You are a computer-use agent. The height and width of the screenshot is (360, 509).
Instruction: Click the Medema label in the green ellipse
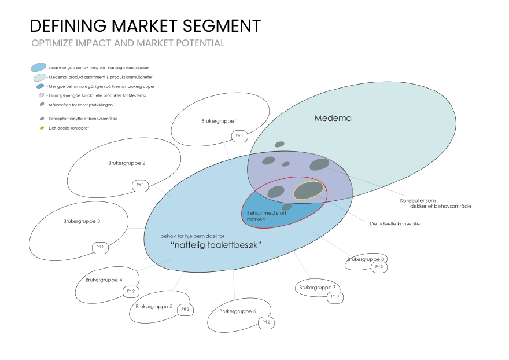pyautogui.click(x=333, y=119)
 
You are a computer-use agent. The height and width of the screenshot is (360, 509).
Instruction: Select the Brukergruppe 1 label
pyautogui.click(x=219, y=122)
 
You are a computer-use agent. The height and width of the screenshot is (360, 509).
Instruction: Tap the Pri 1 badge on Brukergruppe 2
pyautogui.click(x=139, y=186)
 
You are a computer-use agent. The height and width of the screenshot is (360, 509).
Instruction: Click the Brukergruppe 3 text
pyautogui.click(x=82, y=221)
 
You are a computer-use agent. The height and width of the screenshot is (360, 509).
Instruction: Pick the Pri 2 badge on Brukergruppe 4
pyautogui.click(x=131, y=291)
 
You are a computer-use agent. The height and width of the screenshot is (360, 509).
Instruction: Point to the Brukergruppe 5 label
pyautogui.click(x=154, y=306)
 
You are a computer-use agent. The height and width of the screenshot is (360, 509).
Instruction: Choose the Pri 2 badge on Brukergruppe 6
pyautogui.click(x=266, y=322)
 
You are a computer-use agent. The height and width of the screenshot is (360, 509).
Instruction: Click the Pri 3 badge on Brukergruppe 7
pyautogui.click(x=335, y=297)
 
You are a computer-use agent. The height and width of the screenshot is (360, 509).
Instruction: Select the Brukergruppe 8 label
pyautogui.click(x=366, y=259)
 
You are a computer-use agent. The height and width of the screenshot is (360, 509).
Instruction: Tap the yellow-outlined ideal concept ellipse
pyautogui.click(x=309, y=190)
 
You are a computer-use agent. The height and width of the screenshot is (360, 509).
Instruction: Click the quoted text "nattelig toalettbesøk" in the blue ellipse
pyautogui.click(x=217, y=245)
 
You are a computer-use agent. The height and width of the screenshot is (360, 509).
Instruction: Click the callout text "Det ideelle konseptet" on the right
pyautogui.click(x=396, y=223)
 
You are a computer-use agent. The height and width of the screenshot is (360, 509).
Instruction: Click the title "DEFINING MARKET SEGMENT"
pyautogui.click(x=145, y=25)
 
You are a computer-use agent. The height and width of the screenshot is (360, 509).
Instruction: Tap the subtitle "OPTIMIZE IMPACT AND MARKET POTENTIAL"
pyautogui.click(x=128, y=43)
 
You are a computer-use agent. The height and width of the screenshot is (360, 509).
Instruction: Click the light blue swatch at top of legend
pyautogui.click(x=38, y=67)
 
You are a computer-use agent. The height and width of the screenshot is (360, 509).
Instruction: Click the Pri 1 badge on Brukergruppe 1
pyautogui.click(x=239, y=135)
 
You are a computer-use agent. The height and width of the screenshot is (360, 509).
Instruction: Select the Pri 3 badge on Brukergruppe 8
pyautogui.click(x=379, y=267)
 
